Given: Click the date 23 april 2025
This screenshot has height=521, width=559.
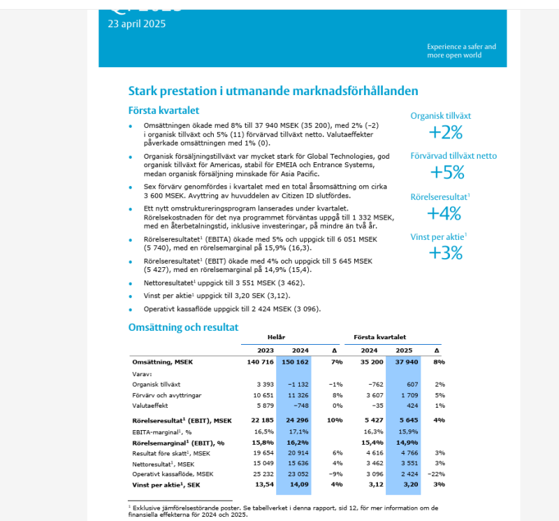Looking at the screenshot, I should point(137,24).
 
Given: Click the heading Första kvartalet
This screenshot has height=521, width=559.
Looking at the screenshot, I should point(164,110).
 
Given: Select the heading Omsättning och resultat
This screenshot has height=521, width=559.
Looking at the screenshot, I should point(184,327).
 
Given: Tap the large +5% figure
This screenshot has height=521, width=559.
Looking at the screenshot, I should point(447,172).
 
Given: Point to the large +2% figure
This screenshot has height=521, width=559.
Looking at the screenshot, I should point(447,132).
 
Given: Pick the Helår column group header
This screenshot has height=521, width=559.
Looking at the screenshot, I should point(276,337).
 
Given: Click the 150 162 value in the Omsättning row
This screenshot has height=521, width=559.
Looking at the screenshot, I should point(296,362).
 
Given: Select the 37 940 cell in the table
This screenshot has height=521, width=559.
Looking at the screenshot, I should point(407,362).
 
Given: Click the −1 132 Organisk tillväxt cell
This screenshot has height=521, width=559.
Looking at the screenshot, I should point(297,384).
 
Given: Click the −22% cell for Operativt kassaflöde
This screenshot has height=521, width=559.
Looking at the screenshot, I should point(436,473).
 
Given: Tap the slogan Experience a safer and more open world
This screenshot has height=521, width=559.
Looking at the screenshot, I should point(462,51).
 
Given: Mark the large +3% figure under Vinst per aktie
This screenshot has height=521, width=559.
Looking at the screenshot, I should point(447,252).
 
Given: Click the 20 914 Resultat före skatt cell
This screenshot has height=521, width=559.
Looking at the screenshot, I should point(297,453).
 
